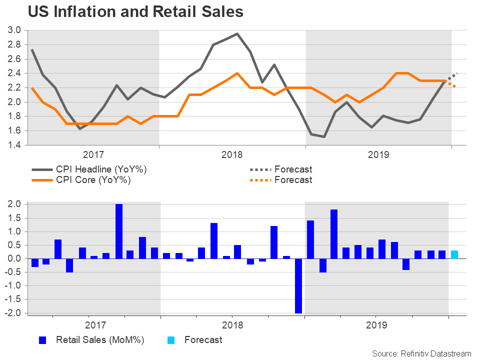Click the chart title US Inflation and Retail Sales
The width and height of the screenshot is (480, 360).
point(135,11)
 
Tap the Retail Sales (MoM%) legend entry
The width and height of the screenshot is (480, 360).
point(100,340)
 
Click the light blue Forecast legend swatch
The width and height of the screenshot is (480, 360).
point(171,340)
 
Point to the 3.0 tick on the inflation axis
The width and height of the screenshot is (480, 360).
point(14,30)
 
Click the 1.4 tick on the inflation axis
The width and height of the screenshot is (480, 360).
point(14,145)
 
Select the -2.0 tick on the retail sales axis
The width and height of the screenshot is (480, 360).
point(13,313)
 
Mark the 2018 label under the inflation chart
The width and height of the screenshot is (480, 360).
point(231,155)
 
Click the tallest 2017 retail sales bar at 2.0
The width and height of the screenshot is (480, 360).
point(119,231)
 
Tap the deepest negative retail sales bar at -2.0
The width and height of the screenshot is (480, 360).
point(298,285)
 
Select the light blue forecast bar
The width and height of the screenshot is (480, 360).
point(454,254)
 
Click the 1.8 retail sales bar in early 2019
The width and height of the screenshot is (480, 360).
point(334,234)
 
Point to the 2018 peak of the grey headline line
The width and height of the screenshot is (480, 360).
point(237,34)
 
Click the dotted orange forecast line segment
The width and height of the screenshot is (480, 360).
point(451,83)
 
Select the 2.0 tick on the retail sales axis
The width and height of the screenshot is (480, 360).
point(14,204)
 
